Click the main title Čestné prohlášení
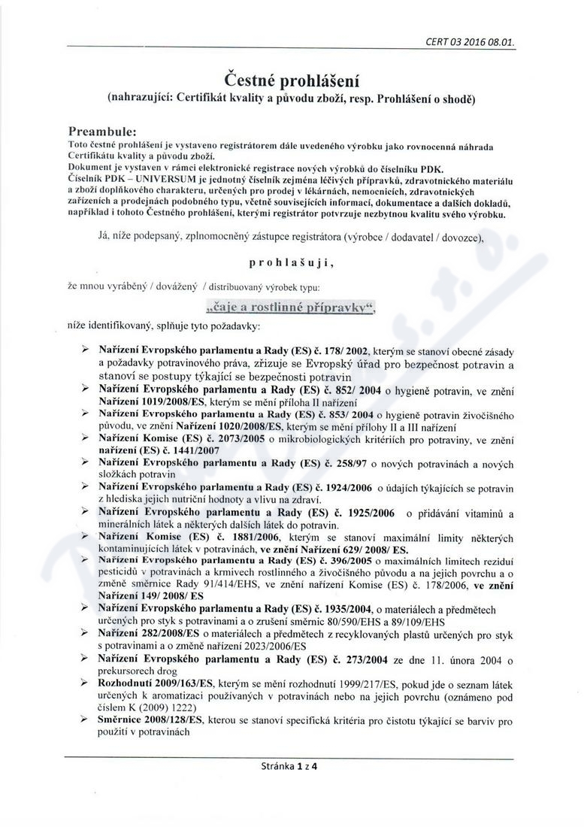(292, 77)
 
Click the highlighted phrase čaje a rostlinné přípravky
(291, 307)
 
